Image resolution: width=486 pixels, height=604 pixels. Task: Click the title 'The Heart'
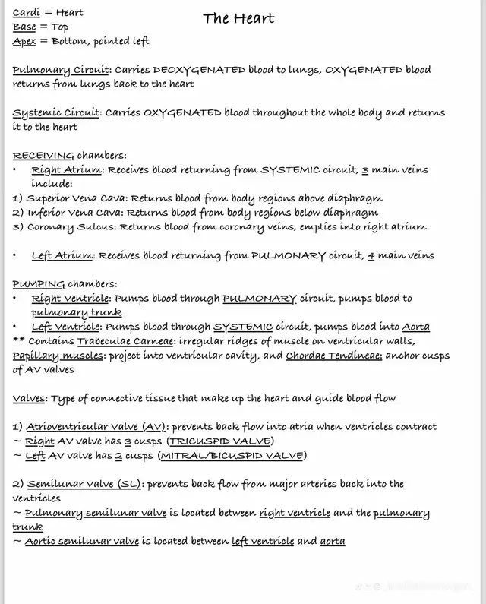click(x=238, y=18)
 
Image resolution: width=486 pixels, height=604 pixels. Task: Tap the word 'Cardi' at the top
click(x=27, y=13)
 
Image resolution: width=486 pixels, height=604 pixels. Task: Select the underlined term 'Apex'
click(x=25, y=41)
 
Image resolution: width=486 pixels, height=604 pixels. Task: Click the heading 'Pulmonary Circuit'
click(x=61, y=70)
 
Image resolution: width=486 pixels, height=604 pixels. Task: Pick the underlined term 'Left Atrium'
click(x=63, y=256)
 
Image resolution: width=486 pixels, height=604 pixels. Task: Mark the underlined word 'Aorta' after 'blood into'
click(x=415, y=327)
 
